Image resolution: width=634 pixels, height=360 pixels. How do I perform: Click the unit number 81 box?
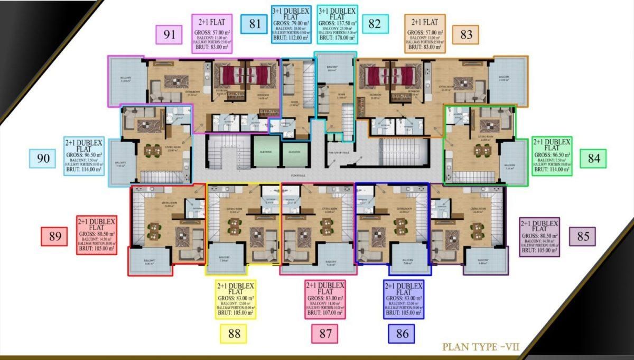click(254, 24)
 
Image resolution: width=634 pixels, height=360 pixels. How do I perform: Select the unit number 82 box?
click(375, 24)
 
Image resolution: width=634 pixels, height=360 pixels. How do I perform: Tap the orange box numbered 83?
click(466, 35)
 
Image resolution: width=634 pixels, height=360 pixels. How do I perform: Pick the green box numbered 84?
click(593, 158)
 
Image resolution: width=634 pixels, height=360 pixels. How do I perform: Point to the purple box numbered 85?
click(583, 236)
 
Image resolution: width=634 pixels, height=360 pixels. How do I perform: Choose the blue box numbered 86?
click(402, 334)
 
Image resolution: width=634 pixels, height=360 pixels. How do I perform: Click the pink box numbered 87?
click(325, 334)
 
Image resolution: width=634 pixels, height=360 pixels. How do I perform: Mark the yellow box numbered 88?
click(234, 334)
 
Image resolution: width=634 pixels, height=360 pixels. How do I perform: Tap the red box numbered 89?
click(54, 236)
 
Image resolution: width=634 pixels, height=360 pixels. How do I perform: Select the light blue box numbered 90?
click(43, 158)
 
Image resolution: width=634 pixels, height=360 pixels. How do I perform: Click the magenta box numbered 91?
click(169, 35)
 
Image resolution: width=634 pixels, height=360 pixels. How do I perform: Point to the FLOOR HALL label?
click(297, 173)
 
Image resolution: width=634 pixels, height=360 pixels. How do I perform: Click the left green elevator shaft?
click(265, 151)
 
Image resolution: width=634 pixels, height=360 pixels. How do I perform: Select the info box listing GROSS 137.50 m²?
click(338, 24)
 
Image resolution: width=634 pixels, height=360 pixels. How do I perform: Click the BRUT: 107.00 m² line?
click(325, 312)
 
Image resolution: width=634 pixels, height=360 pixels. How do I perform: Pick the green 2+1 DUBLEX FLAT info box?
click(553, 156)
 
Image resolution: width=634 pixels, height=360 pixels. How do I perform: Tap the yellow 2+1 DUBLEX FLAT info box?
click(236, 299)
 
